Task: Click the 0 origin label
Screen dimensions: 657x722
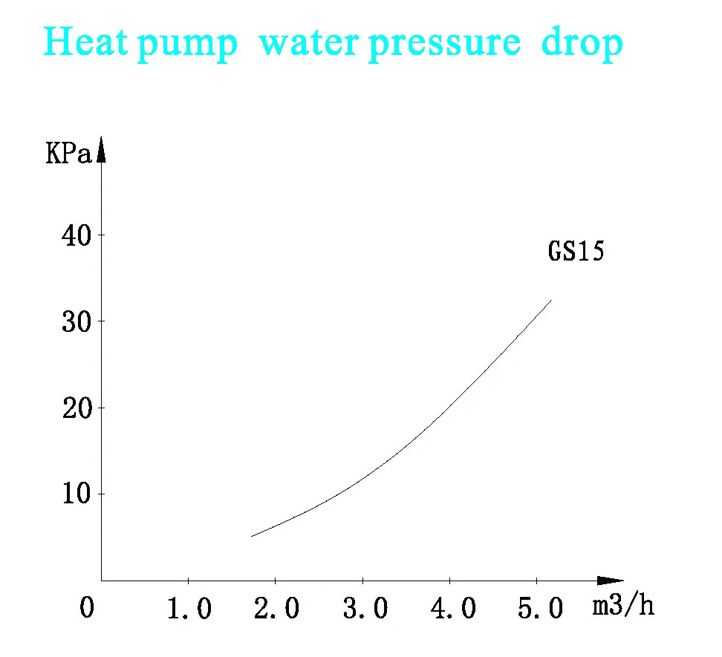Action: (x=87, y=609)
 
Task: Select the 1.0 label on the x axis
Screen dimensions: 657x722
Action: (x=189, y=609)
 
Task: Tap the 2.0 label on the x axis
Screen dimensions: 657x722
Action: (x=276, y=609)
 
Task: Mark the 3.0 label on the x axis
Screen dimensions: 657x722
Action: (x=363, y=609)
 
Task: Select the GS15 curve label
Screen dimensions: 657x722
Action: (x=576, y=252)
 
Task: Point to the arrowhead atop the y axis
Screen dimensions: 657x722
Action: (x=102, y=148)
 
